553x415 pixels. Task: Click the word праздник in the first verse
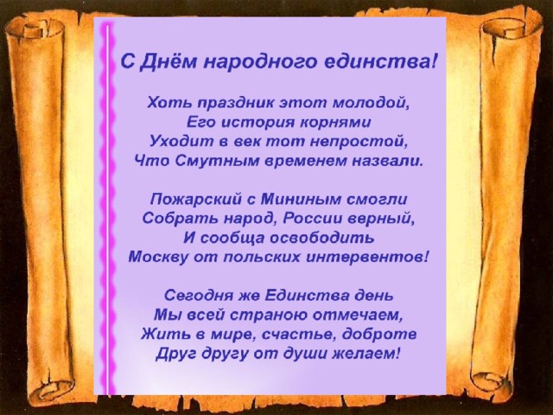coord(235,103)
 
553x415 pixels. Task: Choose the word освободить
coord(322,238)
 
